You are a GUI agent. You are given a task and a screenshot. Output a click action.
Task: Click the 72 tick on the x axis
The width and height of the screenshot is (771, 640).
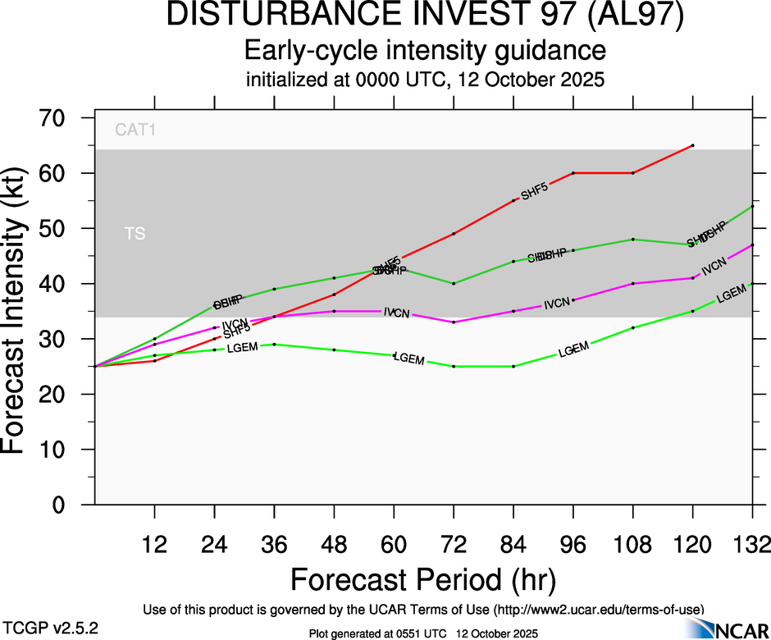[454, 544]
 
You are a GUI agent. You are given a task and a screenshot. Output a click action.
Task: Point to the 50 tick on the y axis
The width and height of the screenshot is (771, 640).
[61, 229]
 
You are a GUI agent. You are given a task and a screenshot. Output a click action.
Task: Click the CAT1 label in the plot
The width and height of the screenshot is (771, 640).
[135, 129]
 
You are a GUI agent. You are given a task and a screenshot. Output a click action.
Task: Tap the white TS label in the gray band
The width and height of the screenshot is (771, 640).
[135, 235]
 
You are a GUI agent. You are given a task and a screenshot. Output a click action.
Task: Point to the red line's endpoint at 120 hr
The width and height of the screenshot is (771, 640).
[693, 145]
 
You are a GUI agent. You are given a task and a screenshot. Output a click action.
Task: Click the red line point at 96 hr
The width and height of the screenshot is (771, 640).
[573, 173]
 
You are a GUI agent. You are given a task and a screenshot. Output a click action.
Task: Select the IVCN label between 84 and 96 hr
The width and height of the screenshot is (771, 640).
[556, 304]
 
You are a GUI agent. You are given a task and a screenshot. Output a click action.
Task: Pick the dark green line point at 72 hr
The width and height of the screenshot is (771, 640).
[454, 283]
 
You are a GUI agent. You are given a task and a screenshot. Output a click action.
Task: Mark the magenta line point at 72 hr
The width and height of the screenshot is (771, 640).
[454, 322]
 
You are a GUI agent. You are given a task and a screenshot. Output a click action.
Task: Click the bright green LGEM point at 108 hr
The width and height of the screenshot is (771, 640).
[633, 327]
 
